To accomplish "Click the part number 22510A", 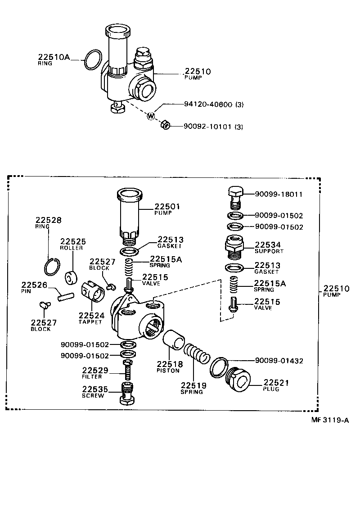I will point(54,57).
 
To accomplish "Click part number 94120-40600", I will point(208,104).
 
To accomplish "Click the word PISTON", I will point(168,371).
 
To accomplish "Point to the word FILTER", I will point(92,376).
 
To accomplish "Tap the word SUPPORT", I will point(269,251).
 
